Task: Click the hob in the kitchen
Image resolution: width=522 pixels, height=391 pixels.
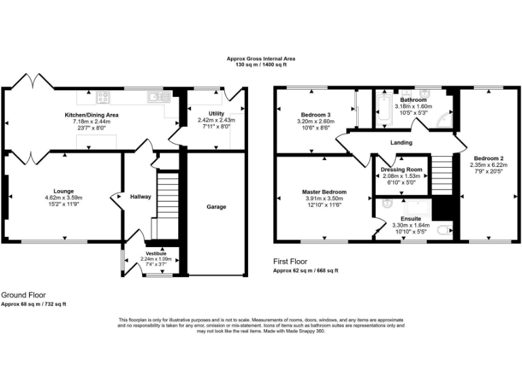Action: click(x=103, y=96)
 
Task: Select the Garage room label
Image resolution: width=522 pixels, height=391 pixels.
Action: click(x=216, y=206)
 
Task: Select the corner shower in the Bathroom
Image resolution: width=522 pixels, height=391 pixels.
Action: click(x=444, y=119)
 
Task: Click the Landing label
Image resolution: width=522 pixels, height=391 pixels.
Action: click(x=400, y=143)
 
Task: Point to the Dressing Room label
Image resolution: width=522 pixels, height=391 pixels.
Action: click(x=402, y=169)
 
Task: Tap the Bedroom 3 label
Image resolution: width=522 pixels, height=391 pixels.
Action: click(x=313, y=113)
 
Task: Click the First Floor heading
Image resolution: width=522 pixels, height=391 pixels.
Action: click(x=290, y=261)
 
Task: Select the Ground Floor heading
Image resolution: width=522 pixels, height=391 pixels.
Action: click(x=23, y=295)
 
